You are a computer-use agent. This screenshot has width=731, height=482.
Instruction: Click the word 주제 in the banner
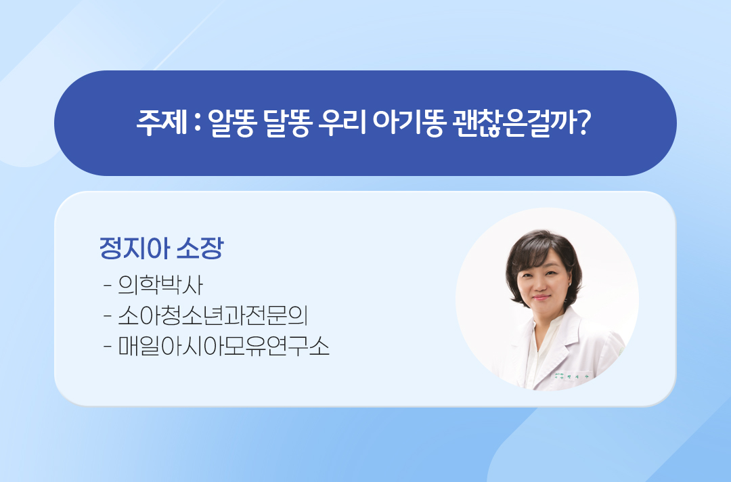tap(162, 123)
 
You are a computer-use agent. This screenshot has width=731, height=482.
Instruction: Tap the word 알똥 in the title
tap(232, 123)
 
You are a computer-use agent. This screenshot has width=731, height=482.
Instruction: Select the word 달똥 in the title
tap(286, 123)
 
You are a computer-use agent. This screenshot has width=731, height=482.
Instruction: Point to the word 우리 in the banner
tap(342, 123)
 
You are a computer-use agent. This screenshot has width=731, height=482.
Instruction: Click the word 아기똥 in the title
tap(408, 123)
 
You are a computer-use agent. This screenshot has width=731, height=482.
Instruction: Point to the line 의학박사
tap(160, 285)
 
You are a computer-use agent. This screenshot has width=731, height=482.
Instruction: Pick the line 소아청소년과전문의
tap(213, 315)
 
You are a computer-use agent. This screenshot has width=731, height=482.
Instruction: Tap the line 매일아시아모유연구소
tap(224, 347)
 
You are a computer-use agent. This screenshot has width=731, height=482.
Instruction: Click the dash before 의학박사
tap(108, 285)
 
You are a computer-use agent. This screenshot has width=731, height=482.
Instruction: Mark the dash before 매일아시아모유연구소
tap(108, 347)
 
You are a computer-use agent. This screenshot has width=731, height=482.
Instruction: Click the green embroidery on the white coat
tap(571, 376)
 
